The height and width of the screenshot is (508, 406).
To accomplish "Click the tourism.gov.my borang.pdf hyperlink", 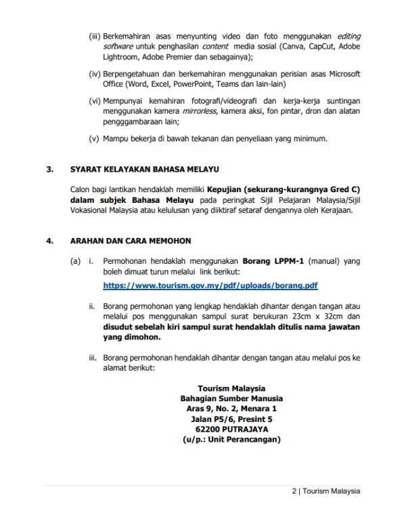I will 210,285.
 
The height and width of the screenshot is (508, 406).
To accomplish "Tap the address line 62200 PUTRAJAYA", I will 231,429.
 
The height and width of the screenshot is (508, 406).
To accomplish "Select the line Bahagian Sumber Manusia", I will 231,398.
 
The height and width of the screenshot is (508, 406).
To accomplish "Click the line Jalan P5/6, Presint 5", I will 231,419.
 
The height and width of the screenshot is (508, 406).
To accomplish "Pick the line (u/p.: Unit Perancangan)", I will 231,439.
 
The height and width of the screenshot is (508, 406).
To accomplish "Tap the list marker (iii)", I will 95,34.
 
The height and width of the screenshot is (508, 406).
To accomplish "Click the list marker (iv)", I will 95,73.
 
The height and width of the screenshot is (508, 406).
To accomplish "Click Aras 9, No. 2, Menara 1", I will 231,409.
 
